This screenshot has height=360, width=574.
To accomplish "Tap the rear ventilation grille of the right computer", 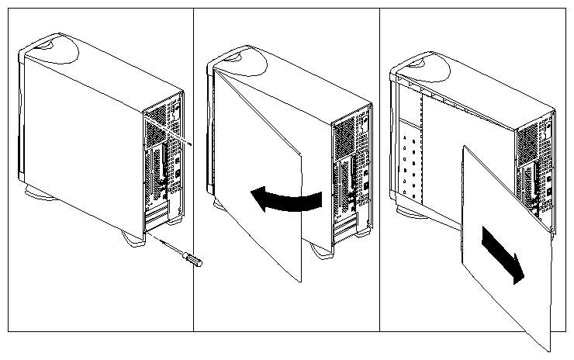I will [x=528, y=140].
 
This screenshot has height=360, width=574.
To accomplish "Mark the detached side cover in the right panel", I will [x=504, y=241].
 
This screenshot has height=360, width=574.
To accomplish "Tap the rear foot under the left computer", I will [x=133, y=241].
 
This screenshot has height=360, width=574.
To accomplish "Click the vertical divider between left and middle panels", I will [x=192, y=171].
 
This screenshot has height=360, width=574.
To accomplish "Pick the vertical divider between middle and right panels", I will [x=379, y=171].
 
